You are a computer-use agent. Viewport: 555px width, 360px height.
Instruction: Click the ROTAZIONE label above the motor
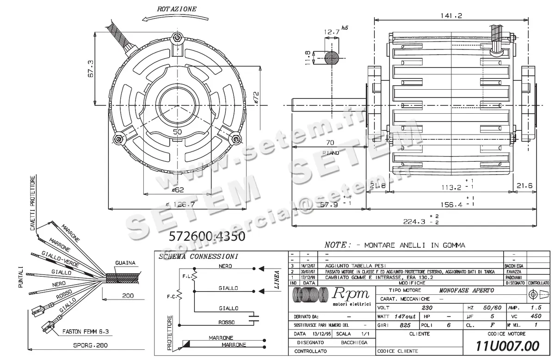(x=177, y=9)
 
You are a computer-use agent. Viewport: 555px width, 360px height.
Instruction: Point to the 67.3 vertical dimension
(x=91, y=68)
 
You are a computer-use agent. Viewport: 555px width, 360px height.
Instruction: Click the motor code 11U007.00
(x=507, y=346)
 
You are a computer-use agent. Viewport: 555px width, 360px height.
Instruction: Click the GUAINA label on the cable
(x=125, y=263)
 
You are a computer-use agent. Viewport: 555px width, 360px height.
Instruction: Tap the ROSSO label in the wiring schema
(x=228, y=322)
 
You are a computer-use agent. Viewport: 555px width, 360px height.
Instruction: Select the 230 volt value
(x=427, y=308)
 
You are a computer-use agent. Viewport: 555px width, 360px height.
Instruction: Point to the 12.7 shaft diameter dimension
(x=332, y=32)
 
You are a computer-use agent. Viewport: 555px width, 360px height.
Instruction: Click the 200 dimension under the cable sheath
(x=128, y=295)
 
